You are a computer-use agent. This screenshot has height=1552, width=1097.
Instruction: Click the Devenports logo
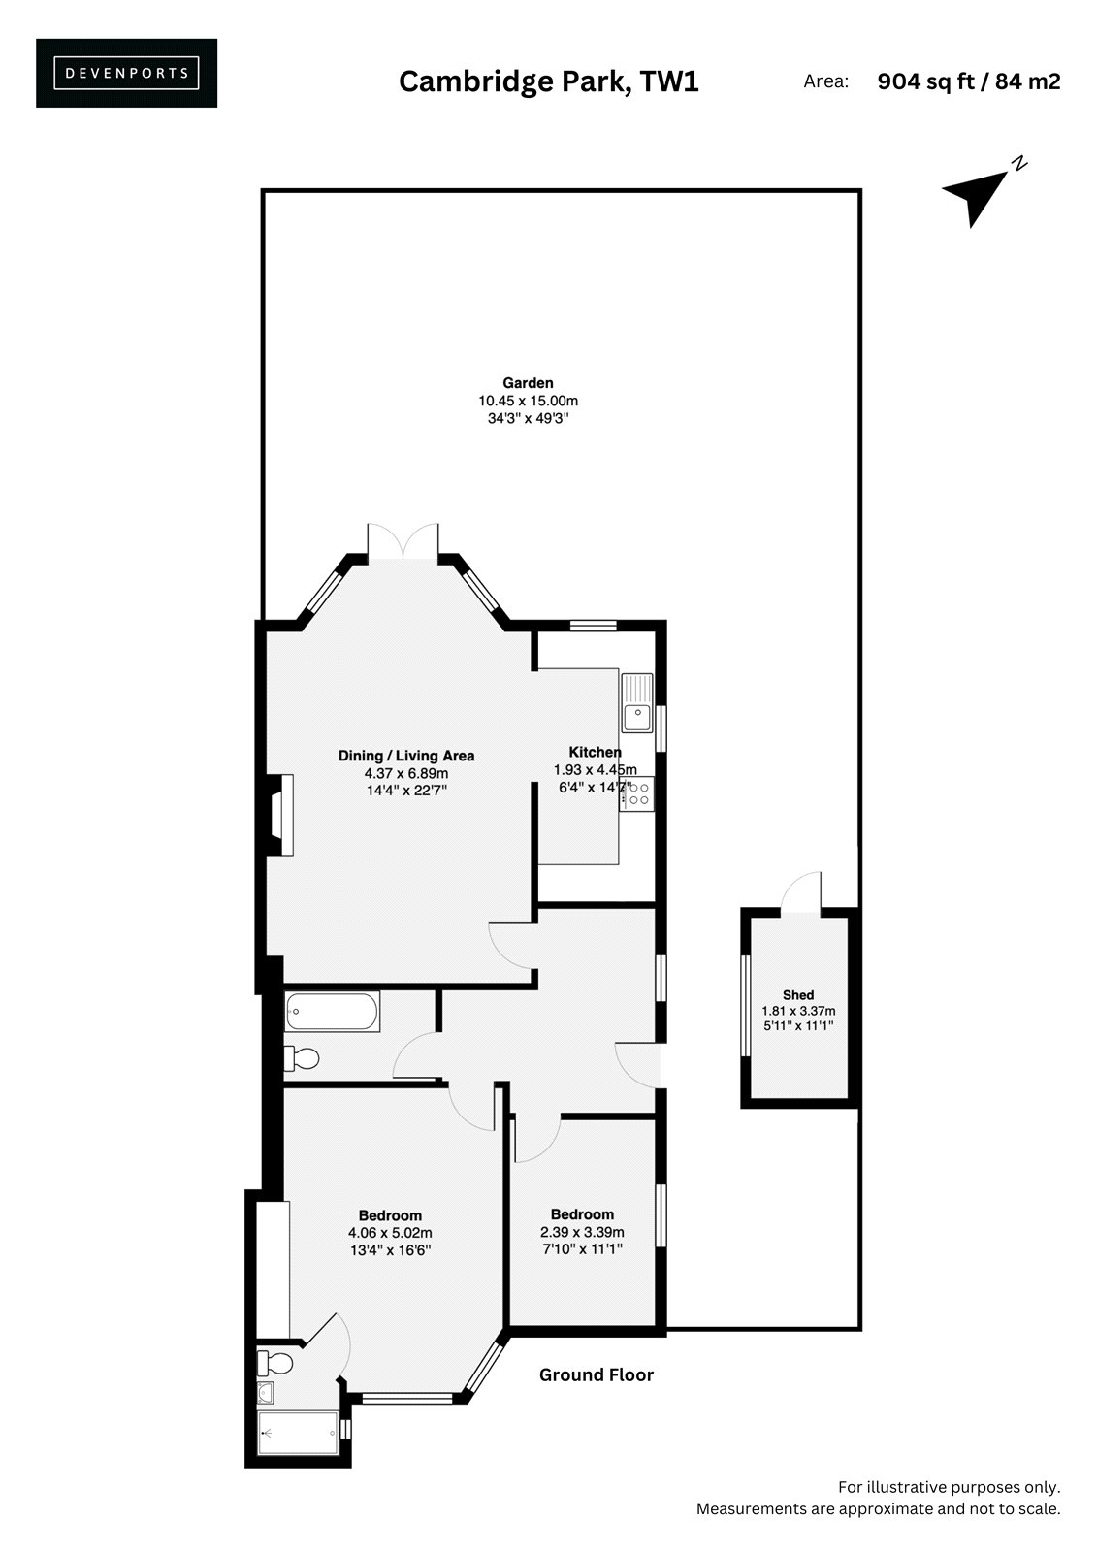click(126, 73)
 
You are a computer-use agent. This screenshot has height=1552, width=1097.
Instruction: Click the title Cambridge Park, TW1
click(548, 81)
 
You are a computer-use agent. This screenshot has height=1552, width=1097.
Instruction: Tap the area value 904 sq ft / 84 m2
click(968, 81)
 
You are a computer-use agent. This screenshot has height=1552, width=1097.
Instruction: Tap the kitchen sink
click(637, 702)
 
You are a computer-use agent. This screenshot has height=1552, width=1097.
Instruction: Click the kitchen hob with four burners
click(637, 794)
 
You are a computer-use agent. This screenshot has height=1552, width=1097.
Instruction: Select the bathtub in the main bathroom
click(332, 1013)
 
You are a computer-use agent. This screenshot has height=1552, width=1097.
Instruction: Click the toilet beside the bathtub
click(302, 1058)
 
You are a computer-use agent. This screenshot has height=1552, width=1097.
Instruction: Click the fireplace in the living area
click(279, 815)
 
